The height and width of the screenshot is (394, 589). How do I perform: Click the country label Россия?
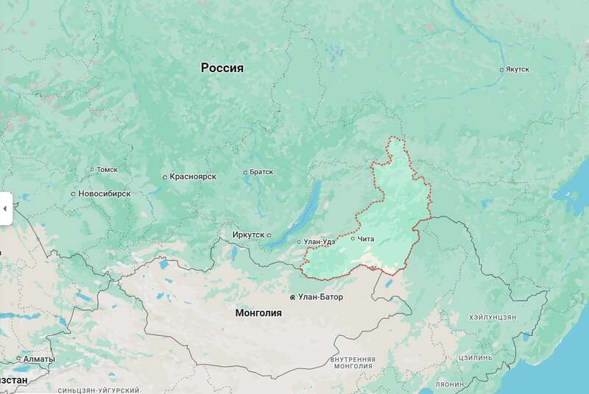(222, 68)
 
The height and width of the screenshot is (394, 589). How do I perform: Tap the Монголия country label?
(258, 312)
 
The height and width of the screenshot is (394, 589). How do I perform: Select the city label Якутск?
(518, 70)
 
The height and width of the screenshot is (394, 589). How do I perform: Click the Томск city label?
(107, 170)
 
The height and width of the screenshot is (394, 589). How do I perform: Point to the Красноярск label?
(192, 177)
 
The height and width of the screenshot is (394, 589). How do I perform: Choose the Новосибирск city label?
(105, 194)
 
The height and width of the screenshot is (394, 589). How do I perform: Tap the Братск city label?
(261, 172)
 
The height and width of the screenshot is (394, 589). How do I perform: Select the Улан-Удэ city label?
(320, 242)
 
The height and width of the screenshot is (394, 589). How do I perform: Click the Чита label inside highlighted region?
(366, 238)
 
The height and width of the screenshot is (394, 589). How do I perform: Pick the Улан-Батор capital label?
(320, 297)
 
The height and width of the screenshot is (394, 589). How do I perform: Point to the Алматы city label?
(38, 359)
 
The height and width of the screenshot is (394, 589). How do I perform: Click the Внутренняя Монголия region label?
(353, 362)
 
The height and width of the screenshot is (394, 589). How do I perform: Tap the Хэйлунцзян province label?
(493, 317)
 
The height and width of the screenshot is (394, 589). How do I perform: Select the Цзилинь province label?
(475, 357)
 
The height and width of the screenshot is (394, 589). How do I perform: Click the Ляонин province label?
(450, 384)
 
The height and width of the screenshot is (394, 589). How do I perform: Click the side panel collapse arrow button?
(4, 209)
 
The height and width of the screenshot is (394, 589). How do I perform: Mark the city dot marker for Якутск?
(501, 70)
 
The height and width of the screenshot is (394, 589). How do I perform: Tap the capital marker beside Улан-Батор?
(293, 298)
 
